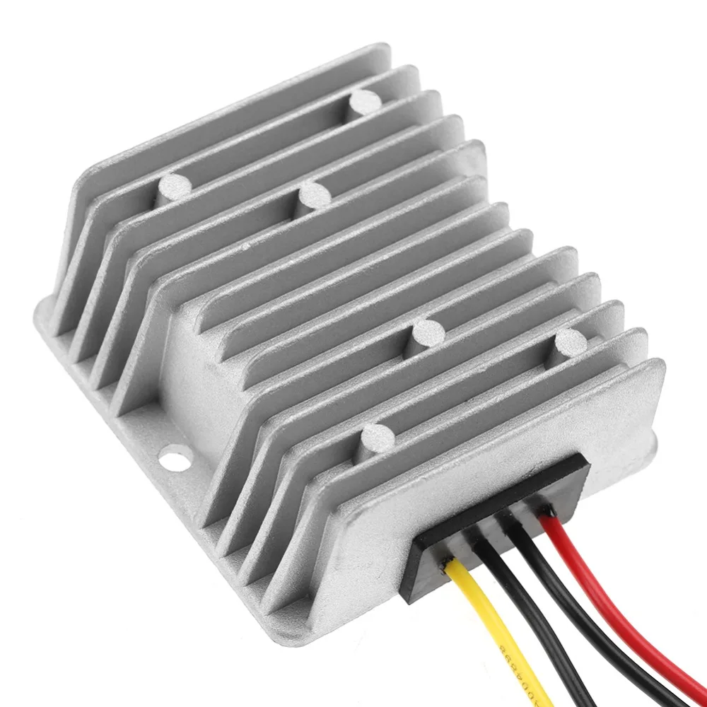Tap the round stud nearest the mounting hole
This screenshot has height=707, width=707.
376,438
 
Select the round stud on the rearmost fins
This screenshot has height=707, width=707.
366,103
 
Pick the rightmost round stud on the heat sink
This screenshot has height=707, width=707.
570,343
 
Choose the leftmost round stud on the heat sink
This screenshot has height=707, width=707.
173,187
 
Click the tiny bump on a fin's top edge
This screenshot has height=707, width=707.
245,248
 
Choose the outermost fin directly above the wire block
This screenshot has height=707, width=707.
509,424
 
